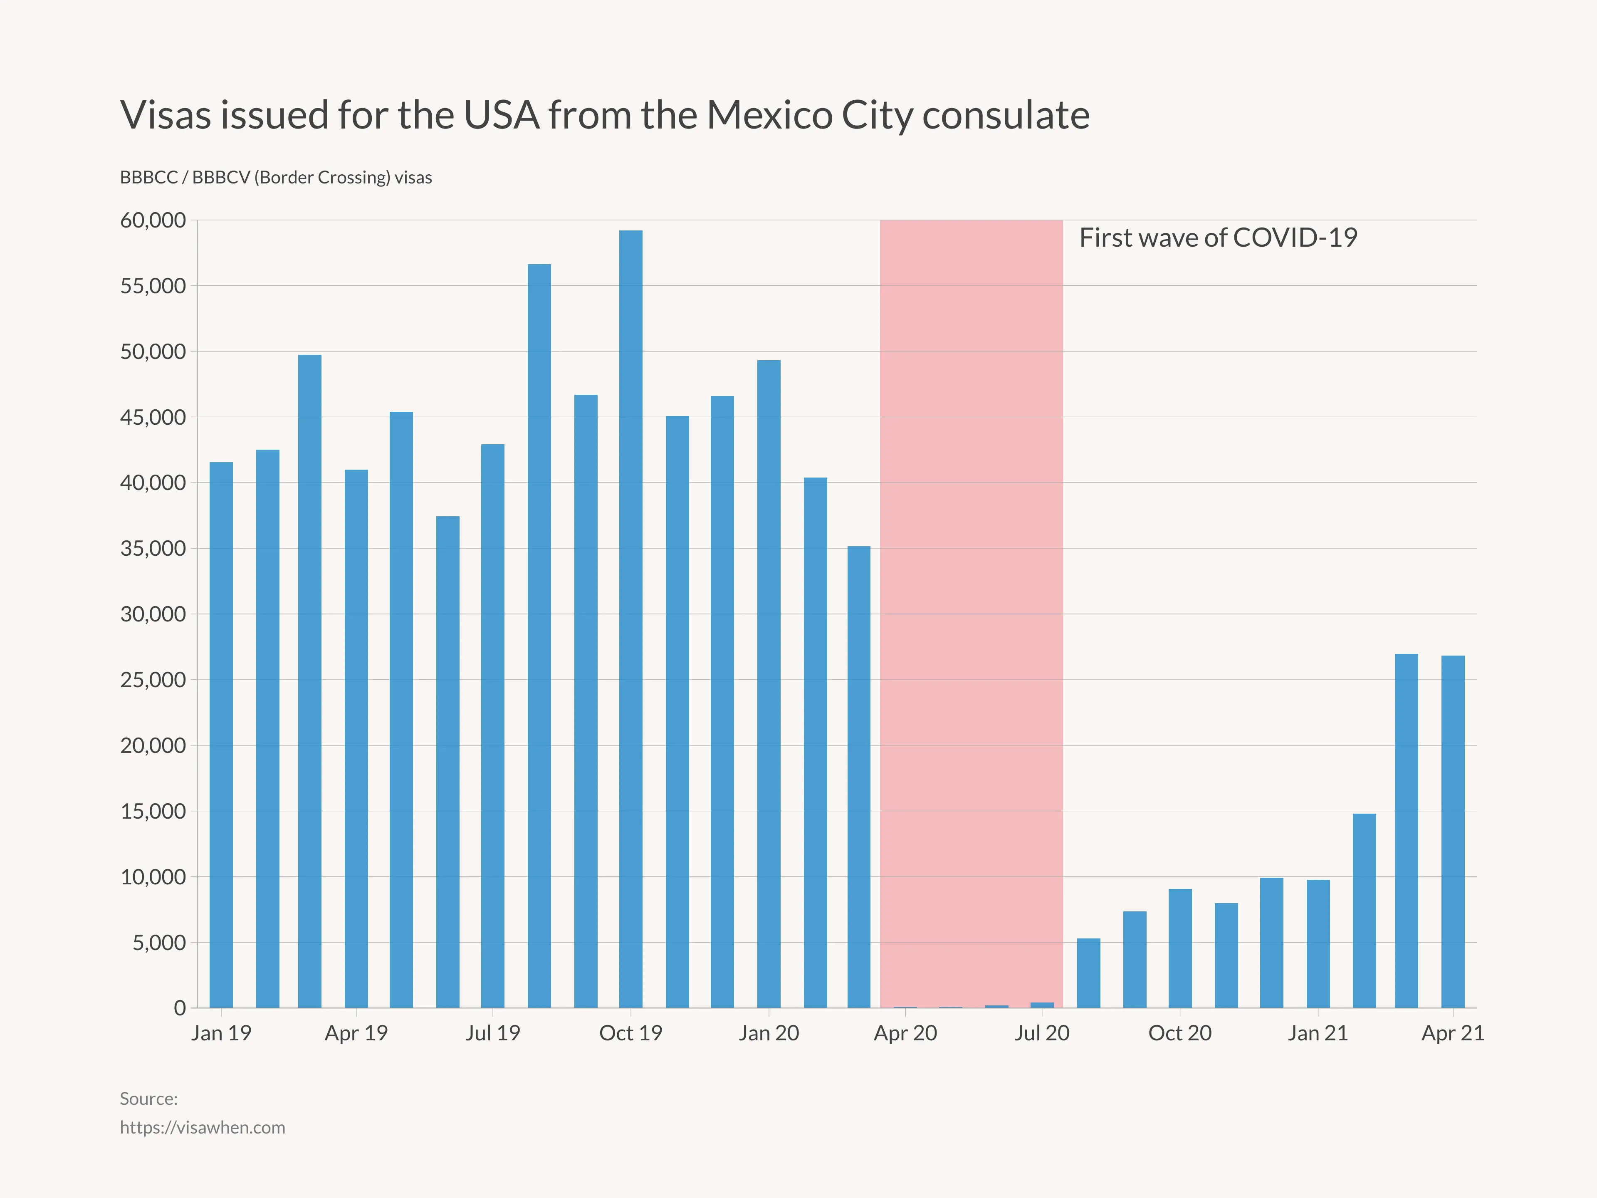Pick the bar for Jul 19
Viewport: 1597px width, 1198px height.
click(492, 726)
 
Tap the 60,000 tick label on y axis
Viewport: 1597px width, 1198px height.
click(153, 220)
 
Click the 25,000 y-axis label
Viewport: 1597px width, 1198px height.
click(153, 680)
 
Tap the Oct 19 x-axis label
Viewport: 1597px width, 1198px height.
click(630, 1033)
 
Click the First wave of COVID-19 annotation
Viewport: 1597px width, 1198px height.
click(1218, 238)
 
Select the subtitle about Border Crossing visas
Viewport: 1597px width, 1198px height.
click(276, 178)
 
